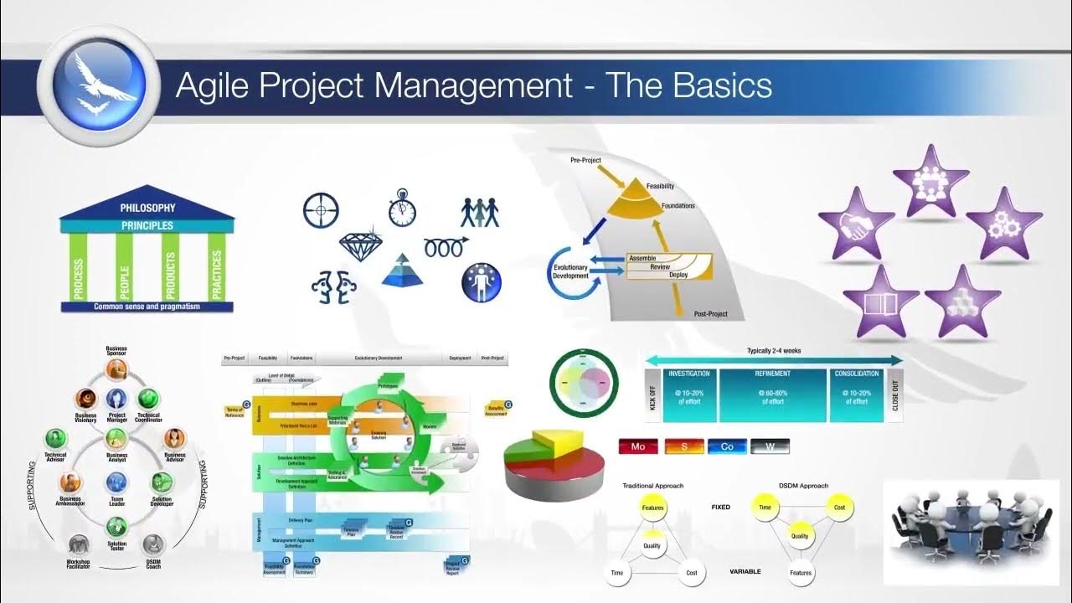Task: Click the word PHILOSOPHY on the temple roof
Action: click(x=147, y=208)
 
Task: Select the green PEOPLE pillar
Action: click(x=124, y=266)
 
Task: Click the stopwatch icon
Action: click(x=402, y=209)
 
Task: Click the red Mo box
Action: click(x=638, y=446)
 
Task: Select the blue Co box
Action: click(x=726, y=446)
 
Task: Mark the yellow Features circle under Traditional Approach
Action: click(x=652, y=508)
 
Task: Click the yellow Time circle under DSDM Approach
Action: click(x=764, y=508)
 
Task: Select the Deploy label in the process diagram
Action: click(x=678, y=275)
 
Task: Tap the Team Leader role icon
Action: click(x=116, y=482)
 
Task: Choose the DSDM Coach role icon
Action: click(x=152, y=545)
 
